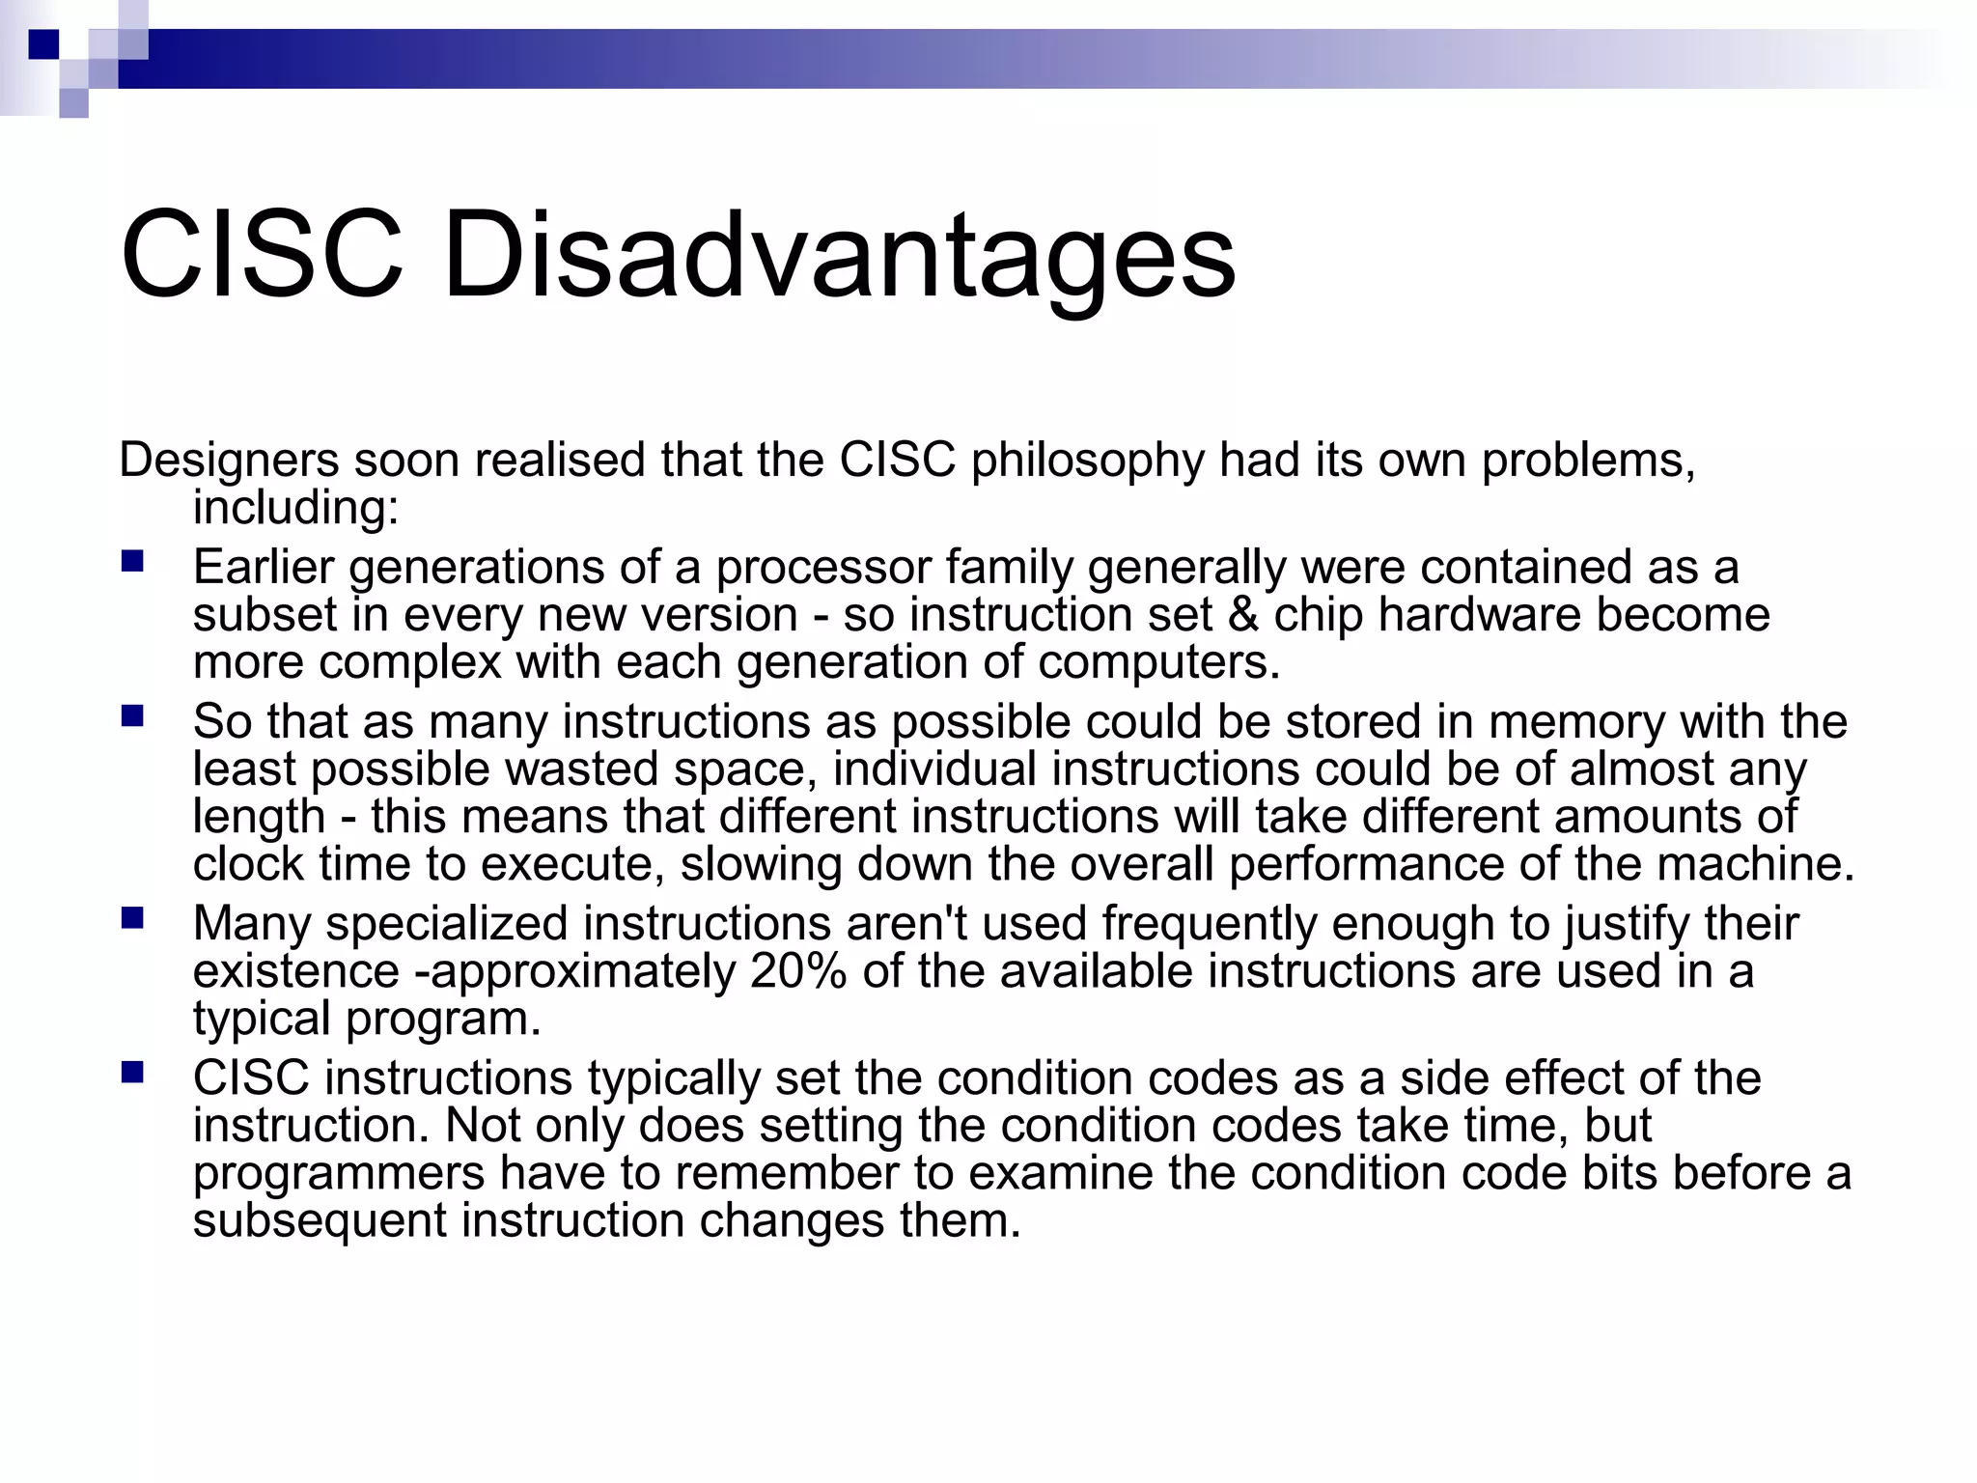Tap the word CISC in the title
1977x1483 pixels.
tap(261, 257)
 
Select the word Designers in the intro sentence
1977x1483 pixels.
tap(229, 460)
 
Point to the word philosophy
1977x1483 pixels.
tap(1087, 462)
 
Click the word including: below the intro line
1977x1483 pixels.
tap(295, 508)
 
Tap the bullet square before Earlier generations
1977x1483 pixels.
tap(132, 561)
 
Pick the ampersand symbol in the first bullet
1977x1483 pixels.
tap(1243, 615)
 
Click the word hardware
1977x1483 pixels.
tap(1479, 615)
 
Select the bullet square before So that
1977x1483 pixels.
tap(132, 715)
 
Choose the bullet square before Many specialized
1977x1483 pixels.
tap(132, 917)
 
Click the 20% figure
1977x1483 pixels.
tap(798, 971)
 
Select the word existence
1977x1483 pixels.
tap(295, 971)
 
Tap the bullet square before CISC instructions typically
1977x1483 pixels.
tap(132, 1072)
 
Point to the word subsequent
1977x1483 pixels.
tap(320, 1221)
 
